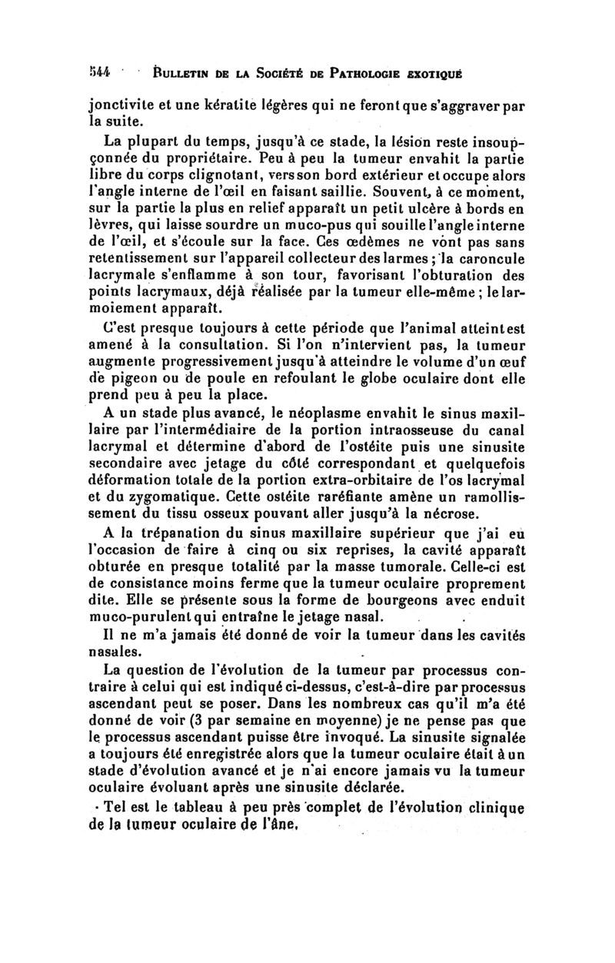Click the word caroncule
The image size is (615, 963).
click(491, 279)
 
